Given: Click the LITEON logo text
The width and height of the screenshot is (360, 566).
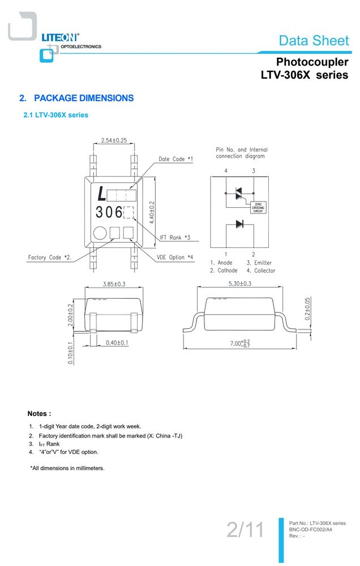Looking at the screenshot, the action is pyautogui.click(x=61, y=37).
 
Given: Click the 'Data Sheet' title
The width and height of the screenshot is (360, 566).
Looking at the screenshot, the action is pyautogui.click(x=314, y=40).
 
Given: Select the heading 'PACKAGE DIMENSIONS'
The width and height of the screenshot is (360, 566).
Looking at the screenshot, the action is pyautogui.click(x=84, y=98).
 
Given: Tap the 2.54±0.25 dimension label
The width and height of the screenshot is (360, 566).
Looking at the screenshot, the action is pyautogui.click(x=114, y=140).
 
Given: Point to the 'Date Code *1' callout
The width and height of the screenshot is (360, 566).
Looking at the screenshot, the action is pyautogui.click(x=175, y=159).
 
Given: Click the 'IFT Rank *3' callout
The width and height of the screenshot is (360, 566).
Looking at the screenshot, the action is pyautogui.click(x=175, y=237).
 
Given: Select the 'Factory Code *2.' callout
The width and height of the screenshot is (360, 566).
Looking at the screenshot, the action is pyautogui.click(x=50, y=258).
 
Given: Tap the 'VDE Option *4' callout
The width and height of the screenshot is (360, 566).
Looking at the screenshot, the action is pyautogui.click(x=175, y=257).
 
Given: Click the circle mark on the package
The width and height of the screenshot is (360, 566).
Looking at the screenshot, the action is pyautogui.click(x=100, y=233).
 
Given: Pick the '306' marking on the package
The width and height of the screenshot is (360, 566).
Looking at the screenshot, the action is pyautogui.click(x=109, y=212).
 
